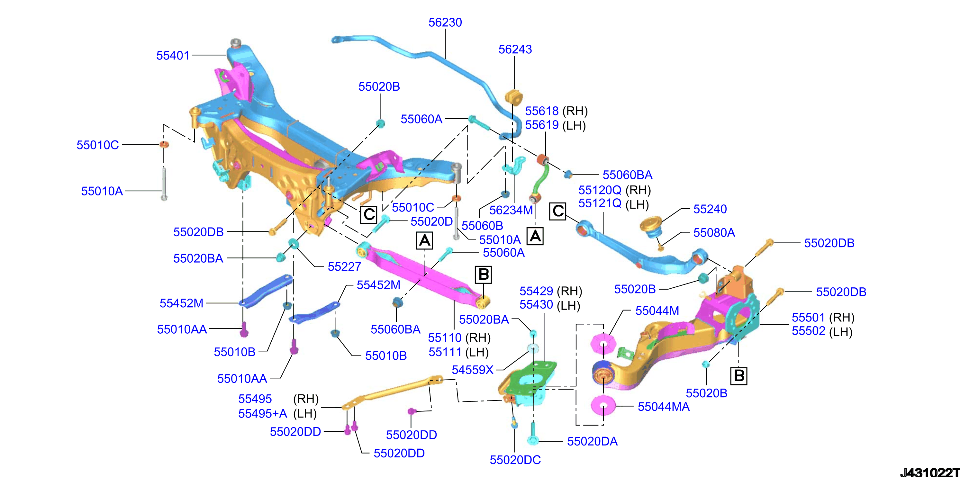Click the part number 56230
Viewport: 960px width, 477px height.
(445, 22)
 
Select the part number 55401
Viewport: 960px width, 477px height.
(173, 56)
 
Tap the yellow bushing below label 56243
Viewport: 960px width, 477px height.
(514, 97)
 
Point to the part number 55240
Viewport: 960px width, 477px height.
(710, 209)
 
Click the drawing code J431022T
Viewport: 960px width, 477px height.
(929, 472)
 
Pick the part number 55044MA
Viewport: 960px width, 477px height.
(663, 407)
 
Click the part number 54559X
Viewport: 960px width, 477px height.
(473, 370)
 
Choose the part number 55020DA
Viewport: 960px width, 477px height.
(592, 441)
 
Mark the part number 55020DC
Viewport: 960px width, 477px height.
(515, 460)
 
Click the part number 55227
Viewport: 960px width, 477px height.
(344, 266)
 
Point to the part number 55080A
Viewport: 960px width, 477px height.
(714, 232)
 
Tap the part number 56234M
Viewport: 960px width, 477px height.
(511, 210)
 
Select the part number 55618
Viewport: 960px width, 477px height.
(542, 111)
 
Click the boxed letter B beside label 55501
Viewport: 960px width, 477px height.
(738, 375)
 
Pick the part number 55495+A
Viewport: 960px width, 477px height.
(263, 413)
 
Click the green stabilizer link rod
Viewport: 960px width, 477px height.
(540, 178)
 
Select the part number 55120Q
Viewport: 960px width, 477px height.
(600, 190)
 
